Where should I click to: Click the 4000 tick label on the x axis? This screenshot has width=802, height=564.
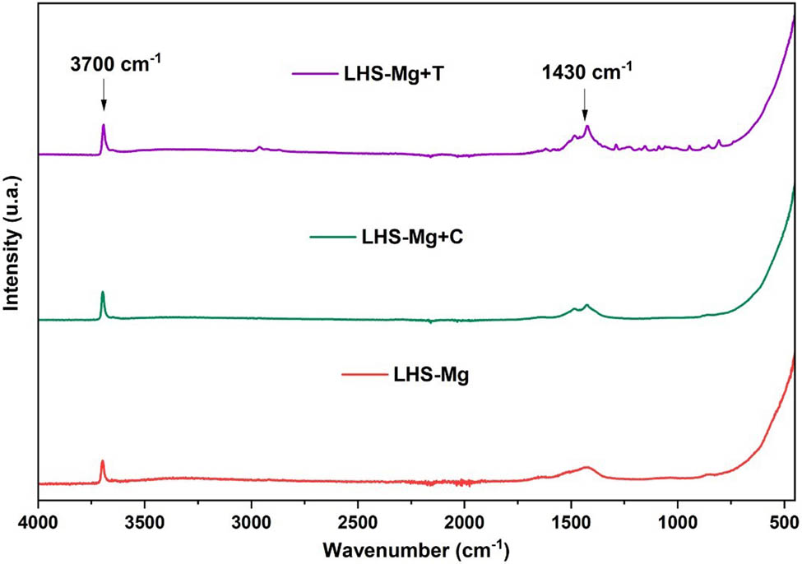38,521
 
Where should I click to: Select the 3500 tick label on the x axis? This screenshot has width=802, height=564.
145,521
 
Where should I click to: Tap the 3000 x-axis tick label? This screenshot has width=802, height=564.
252,521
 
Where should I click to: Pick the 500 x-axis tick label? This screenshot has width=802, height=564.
784,521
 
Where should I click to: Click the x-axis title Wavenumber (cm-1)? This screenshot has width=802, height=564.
415,548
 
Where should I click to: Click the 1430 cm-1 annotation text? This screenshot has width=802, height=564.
586,72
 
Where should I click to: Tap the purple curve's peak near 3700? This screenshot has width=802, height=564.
104,125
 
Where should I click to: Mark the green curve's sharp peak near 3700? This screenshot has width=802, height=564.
103,292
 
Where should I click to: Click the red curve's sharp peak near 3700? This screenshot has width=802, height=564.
103,461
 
